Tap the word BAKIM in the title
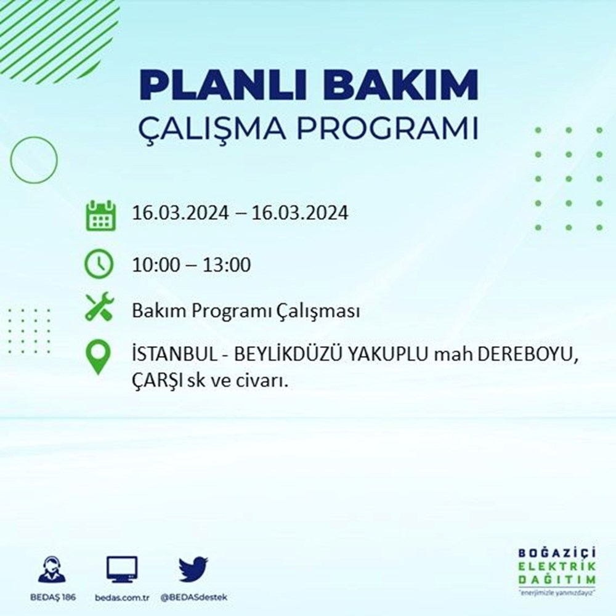(400, 85)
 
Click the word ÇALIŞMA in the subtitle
(212, 129)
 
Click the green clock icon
(99, 264)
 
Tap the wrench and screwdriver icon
(99, 306)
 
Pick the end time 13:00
(227, 264)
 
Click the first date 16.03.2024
(180, 213)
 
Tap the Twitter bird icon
(193, 569)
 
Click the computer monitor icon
(122, 569)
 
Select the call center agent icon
(52, 569)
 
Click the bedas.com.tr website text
(122, 598)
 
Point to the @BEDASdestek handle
(193, 598)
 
